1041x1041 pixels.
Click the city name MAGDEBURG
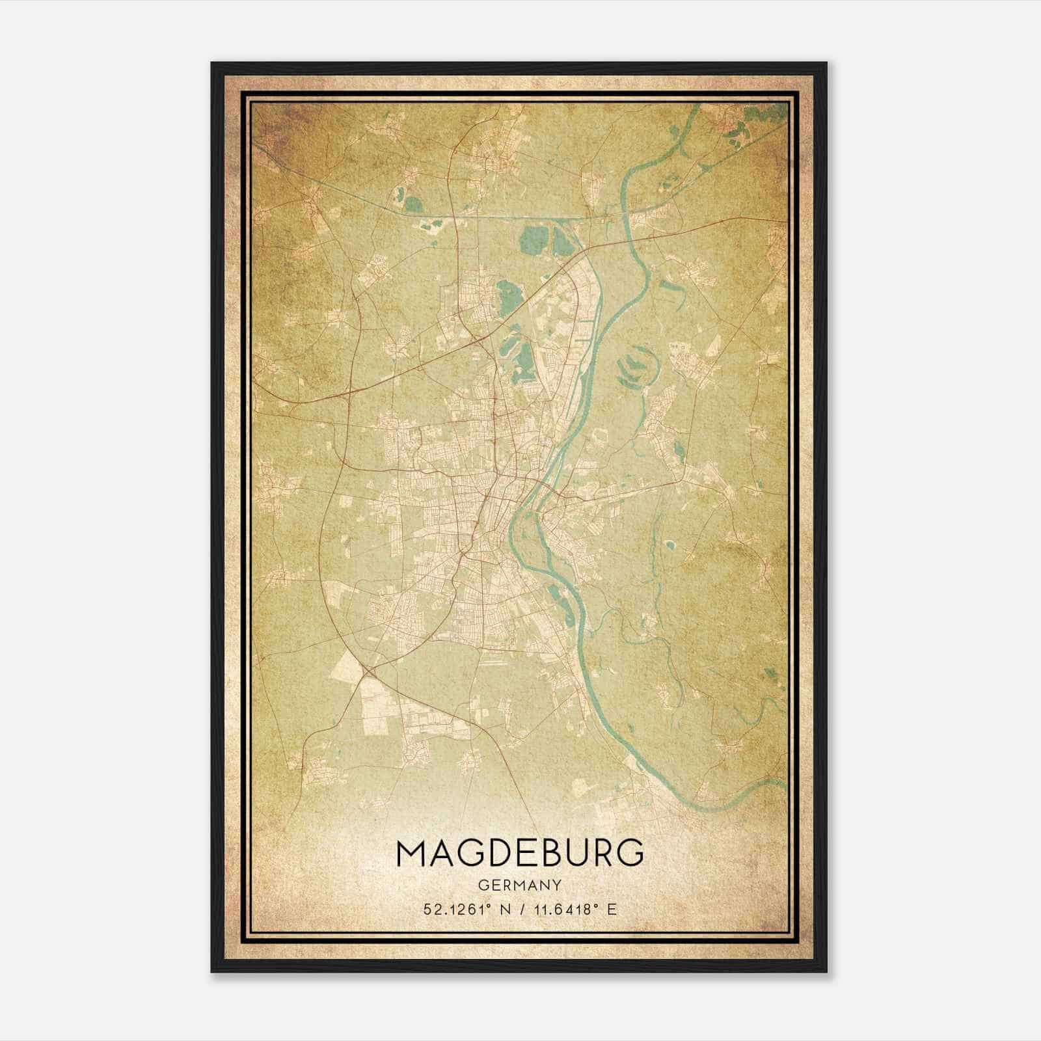pyautogui.click(x=520, y=853)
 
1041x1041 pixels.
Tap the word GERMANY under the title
pyautogui.click(x=520, y=885)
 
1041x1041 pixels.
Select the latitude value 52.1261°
pyautogui.click(x=456, y=910)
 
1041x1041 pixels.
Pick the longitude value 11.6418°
pyautogui.click(x=561, y=910)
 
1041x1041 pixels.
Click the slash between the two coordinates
pyautogui.click(x=519, y=910)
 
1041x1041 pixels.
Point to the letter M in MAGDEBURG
pyautogui.click(x=411, y=853)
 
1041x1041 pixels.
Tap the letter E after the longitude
pyautogui.click(x=611, y=910)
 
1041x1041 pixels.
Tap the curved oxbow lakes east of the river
pyautogui.click(x=634, y=368)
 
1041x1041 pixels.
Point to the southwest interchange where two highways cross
pyautogui.click(x=366, y=670)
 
